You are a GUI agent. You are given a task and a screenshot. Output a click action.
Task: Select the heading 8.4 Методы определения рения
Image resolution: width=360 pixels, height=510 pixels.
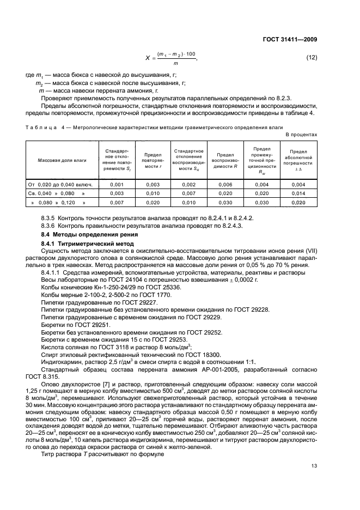(82, 234)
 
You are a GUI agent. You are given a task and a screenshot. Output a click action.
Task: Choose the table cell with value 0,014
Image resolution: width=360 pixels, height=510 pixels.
(298, 193)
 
